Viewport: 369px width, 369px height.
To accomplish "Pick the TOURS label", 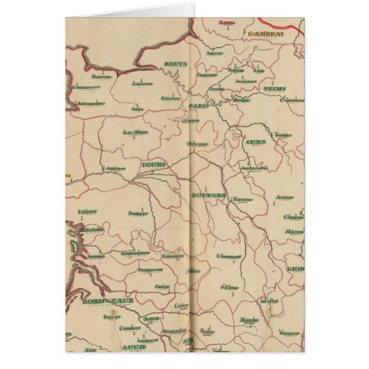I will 153,165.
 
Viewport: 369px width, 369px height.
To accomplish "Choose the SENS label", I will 254,141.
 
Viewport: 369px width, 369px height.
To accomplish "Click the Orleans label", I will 197,144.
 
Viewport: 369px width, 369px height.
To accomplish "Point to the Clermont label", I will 229,256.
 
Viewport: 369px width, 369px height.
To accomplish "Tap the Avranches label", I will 91,103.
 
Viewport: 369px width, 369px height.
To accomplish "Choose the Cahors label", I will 182,305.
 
